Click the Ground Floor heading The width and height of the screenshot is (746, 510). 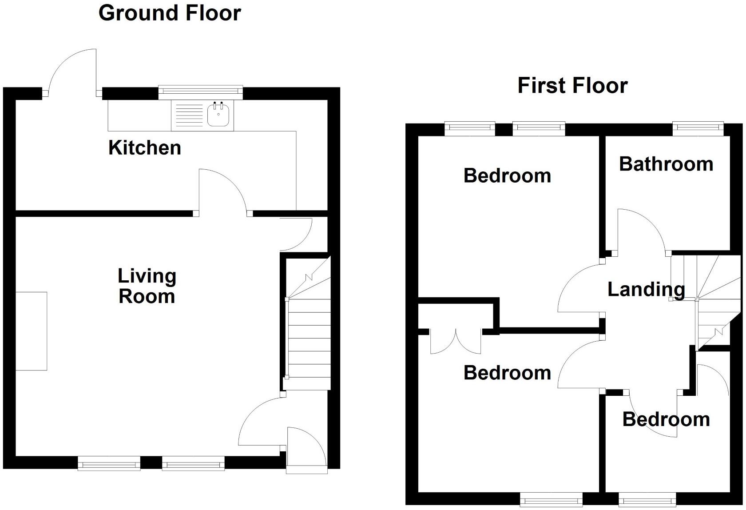click(x=169, y=13)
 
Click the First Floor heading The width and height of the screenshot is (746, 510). click(x=572, y=85)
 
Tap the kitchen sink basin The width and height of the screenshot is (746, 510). click(x=218, y=116)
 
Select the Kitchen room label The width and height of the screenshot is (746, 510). click(x=145, y=147)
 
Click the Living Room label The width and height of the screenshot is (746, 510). click(x=147, y=286)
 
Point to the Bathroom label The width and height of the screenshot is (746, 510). click(x=666, y=164)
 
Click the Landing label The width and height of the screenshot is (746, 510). click(x=646, y=289)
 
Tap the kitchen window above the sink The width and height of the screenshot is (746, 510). click(x=200, y=91)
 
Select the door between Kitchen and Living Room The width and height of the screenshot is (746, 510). click(x=222, y=191)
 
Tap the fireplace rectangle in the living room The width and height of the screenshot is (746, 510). click(x=31, y=331)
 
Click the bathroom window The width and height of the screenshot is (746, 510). click(x=698, y=129)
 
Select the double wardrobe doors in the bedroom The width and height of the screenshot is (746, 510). click(x=456, y=341)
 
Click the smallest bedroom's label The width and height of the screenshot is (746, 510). click(x=666, y=419)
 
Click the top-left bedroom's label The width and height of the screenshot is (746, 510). click(x=507, y=176)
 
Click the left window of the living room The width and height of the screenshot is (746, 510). click(x=109, y=465)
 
